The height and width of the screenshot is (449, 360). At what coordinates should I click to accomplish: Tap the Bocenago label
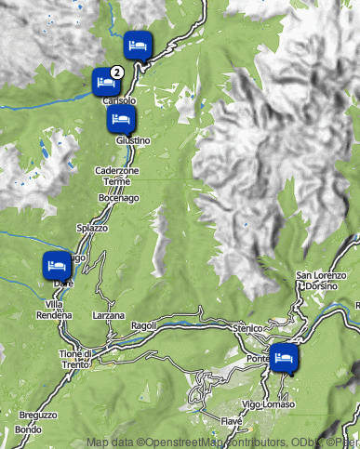click(118, 199)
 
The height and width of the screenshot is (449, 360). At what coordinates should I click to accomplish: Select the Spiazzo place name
click(93, 228)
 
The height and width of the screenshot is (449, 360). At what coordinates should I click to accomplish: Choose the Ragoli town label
click(145, 325)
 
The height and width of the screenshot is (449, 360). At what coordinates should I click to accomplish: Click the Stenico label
click(249, 327)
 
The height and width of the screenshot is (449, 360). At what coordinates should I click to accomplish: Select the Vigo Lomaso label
click(268, 403)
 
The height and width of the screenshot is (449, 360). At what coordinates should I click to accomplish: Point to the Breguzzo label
click(38, 416)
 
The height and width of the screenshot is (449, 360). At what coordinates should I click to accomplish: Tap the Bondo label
click(27, 430)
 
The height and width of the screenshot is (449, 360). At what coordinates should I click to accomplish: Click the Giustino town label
click(133, 139)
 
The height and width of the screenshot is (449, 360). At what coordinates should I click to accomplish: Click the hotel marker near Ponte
click(284, 356)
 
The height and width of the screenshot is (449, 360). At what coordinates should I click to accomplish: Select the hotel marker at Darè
click(57, 264)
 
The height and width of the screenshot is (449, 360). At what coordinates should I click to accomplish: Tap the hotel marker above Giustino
click(121, 118)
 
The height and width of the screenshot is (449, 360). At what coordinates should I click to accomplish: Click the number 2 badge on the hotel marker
click(116, 71)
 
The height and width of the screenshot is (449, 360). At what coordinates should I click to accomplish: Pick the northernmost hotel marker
click(138, 44)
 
